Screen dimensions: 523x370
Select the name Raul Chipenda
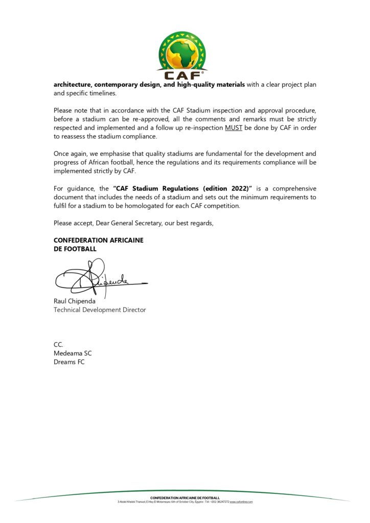click(x=75, y=301)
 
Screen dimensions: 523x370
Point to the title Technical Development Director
click(x=100, y=310)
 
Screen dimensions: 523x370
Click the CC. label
click(x=58, y=345)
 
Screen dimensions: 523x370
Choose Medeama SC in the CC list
click(x=73, y=353)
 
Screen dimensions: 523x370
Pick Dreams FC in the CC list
click(x=69, y=362)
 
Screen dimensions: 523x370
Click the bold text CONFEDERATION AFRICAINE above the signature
click(x=99, y=240)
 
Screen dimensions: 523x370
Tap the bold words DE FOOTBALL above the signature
click(x=75, y=249)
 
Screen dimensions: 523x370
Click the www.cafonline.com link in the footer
click(x=241, y=502)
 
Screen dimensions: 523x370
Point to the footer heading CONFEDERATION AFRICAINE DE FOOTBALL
click(x=185, y=497)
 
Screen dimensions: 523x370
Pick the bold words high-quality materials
click(x=211, y=84)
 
